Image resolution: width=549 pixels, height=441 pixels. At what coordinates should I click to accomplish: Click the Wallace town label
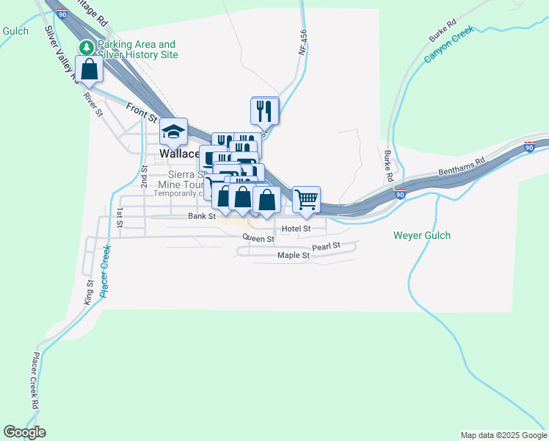pyautogui.click(x=179, y=154)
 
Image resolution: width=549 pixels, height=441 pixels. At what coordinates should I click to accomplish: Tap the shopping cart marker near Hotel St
pyautogui.click(x=306, y=199)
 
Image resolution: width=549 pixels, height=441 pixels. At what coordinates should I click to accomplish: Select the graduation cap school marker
pyautogui.click(x=174, y=132)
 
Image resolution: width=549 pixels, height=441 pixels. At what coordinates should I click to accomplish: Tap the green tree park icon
pyautogui.click(x=87, y=48)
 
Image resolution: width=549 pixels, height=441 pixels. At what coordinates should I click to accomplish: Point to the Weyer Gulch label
pyautogui.click(x=422, y=235)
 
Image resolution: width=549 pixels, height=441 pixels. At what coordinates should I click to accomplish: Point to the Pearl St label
pyautogui.click(x=326, y=246)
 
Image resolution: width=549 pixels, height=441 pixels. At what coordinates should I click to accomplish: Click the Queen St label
pyautogui.click(x=258, y=238)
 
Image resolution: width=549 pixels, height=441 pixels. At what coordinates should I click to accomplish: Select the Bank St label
pyautogui.click(x=201, y=216)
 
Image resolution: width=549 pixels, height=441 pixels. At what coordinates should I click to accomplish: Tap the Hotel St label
pyautogui.click(x=297, y=229)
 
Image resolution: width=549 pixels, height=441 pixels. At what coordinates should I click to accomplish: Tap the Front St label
pyautogui.click(x=142, y=112)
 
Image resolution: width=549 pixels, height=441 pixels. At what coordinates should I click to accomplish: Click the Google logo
pyautogui.click(x=24, y=432)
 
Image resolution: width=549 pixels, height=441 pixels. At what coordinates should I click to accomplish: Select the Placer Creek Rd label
pyautogui.click(x=34, y=379)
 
